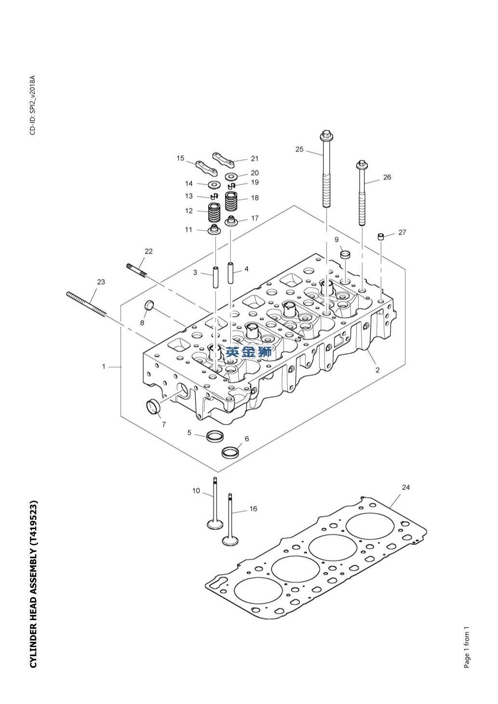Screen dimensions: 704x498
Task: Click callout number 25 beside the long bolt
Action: pyautogui.click(x=299, y=149)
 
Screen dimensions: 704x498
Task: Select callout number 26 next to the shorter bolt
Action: pyautogui.click(x=387, y=177)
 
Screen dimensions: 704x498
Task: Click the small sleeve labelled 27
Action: pyautogui.click(x=380, y=237)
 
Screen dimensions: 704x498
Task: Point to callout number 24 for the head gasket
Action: pyautogui.click(x=405, y=487)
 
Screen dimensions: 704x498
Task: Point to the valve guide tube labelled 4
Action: pyautogui.click(x=231, y=273)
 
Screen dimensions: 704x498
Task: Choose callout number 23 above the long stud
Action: pyautogui.click(x=101, y=282)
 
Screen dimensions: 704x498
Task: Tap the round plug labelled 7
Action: pyautogui.click(x=153, y=407)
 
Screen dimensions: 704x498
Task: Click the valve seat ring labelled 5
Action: pyautogui.click(x=215, y=437)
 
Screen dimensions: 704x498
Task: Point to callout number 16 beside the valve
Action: pyautogui.click(x=253, y=509)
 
